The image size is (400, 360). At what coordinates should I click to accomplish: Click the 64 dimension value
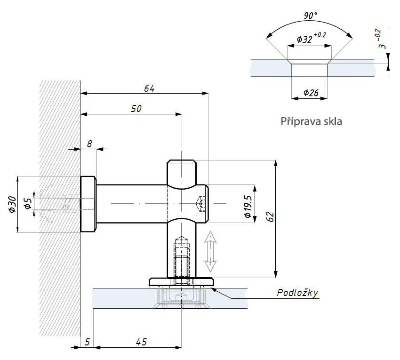[149, 88]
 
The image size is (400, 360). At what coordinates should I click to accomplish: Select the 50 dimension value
[136, 109]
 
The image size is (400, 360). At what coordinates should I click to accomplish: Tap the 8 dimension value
[89, 144]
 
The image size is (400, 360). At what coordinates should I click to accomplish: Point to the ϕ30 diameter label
[12, 204]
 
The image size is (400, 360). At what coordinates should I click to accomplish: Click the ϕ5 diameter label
[28, 203]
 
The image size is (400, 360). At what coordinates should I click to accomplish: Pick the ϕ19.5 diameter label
[248, 207]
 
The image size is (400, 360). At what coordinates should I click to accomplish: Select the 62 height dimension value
[270, 217]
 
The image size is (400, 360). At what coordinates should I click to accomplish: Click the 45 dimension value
[141, 342]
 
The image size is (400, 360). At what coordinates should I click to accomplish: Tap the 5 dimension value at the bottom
[87, 342]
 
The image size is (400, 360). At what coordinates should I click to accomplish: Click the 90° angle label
[311, 16]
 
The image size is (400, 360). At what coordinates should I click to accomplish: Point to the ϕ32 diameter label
[304, 39]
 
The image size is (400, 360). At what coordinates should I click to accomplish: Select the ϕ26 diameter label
[311, 93]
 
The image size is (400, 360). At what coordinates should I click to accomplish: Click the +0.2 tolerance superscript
[320, 35]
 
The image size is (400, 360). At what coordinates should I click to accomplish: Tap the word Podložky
[297, 293]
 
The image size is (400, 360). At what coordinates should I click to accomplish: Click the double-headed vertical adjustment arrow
[210, 252]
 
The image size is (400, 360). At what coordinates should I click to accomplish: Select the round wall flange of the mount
[88, 204]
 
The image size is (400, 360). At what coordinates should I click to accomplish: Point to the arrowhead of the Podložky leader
[213, 289]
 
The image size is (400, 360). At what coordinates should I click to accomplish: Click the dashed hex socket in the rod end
[201, 204]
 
